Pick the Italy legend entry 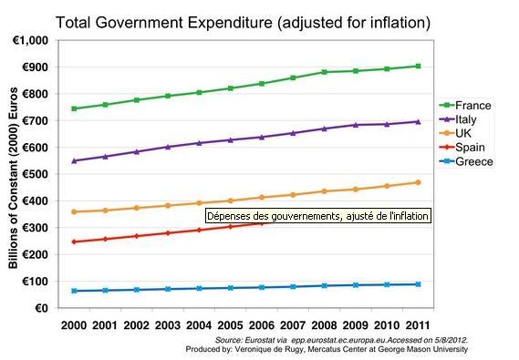(x=471, y=119)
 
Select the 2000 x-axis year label (x=73, y=324)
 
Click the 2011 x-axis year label (x=419, y=324)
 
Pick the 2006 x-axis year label (x=262, y=324)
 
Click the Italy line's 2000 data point (x=73, y=160)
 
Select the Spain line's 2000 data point (x=73, y=242)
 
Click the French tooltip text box (x=316, y=216)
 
